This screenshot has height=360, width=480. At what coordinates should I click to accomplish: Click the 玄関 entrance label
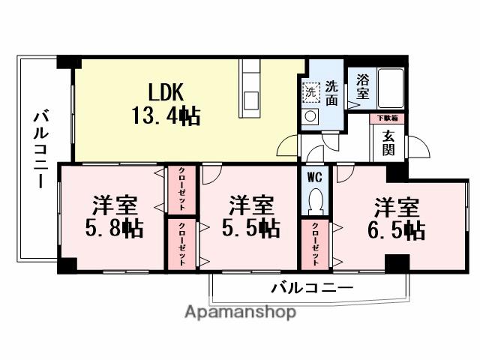point(389,142)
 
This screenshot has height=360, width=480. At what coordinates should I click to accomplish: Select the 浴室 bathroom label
point(362,85)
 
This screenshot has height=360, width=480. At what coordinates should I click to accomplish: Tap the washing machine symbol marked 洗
point(310,91)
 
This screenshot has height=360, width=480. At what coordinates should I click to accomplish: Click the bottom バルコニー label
point(311,287)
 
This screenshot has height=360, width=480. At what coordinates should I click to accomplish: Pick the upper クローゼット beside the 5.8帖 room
point(181,190)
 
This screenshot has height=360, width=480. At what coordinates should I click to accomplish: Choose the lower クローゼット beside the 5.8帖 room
point(181,243)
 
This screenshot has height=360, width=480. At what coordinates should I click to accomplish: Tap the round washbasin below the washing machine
point(310,117)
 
